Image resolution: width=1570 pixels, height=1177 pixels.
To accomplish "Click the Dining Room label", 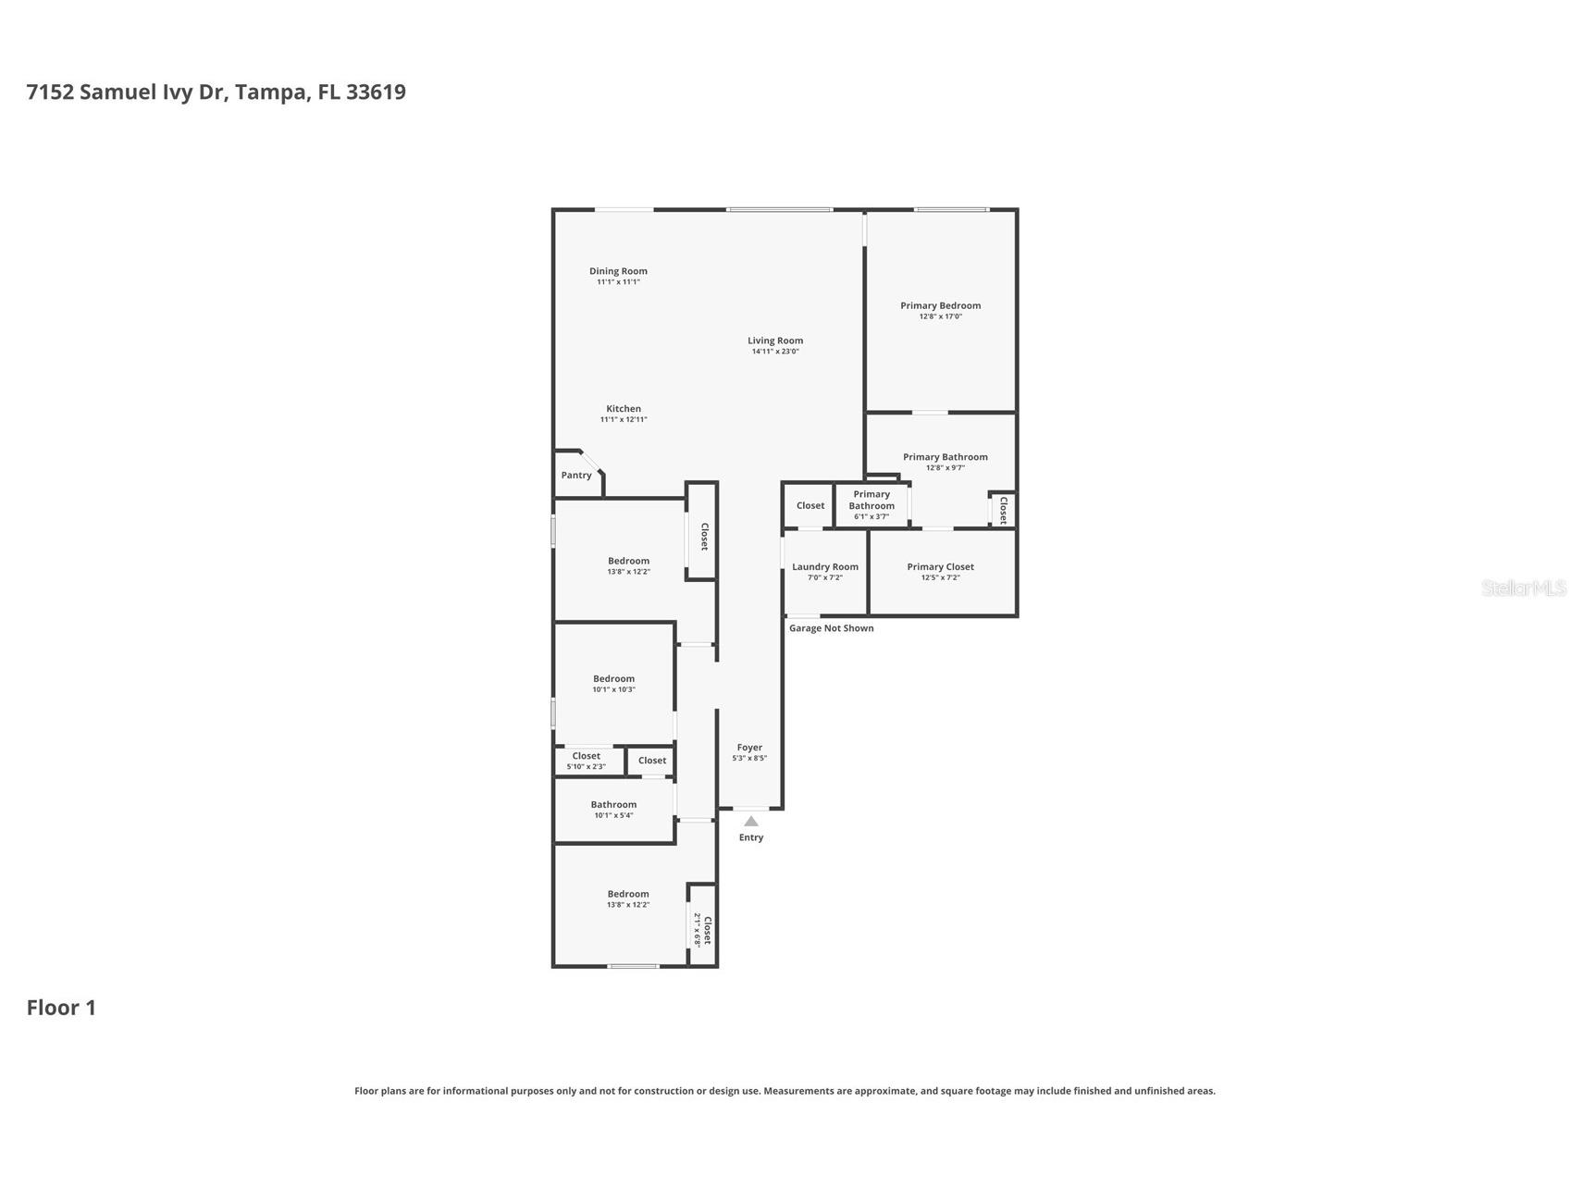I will (x=618, y=271).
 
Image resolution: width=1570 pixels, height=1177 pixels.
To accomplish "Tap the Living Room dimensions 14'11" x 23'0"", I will (x=775, y=352).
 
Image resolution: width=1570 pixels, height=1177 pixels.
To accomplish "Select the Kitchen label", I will (x=624, y=408).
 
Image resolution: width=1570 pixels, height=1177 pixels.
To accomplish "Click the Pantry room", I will (x=576, y=476).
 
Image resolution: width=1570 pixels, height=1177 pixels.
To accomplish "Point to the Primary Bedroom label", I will (x=940, y=305).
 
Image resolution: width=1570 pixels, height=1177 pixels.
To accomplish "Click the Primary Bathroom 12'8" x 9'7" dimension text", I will (x=945, y=468).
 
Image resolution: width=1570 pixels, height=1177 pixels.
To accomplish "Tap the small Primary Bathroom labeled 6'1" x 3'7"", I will (x=872, y=504).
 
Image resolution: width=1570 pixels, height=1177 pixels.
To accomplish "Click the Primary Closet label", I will (x=940, y=566).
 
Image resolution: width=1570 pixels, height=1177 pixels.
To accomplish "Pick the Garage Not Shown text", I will (x=831, y=628).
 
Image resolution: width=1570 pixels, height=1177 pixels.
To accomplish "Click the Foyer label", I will (x=749, y=747).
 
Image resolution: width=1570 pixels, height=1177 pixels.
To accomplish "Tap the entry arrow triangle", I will (x=751, y=822).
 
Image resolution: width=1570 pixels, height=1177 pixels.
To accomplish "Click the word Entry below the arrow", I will (x=751, y=837).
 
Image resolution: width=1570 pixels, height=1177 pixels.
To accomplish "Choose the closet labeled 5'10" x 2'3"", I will (x=586, y=761).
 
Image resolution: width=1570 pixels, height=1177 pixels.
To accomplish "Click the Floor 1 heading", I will (x=61, y=1008).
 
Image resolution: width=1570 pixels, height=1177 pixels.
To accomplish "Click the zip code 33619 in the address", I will (x=376, y=92).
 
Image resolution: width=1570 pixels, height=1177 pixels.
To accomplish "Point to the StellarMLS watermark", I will (x=1523, y=588).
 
